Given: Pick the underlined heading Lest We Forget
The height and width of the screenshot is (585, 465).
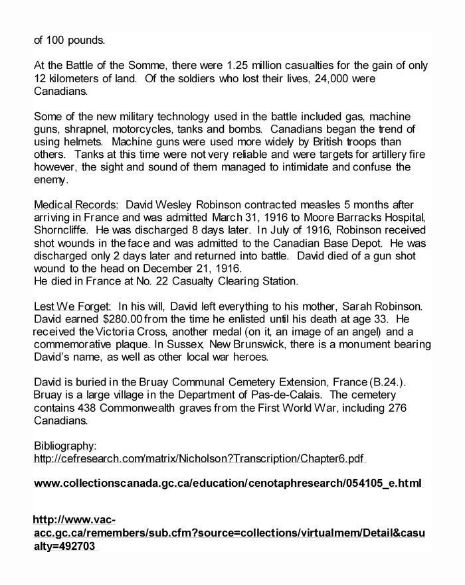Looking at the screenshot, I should click(72, 306).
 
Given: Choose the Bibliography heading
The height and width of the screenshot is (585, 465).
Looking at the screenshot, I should click(65, 446).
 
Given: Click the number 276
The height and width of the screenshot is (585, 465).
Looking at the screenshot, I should click(395, 407).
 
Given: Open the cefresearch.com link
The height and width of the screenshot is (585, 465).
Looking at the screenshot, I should click(199, 458).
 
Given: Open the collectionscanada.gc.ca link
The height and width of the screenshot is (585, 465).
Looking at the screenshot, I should click(228, 484).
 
